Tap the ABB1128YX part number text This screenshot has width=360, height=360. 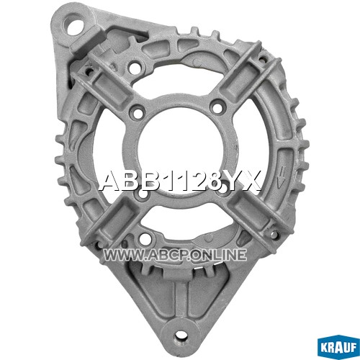point(179,181)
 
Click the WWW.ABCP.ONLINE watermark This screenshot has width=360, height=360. point(175,255)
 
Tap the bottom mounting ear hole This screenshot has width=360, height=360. point(179,334)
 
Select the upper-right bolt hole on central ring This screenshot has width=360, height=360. point(217,107)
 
